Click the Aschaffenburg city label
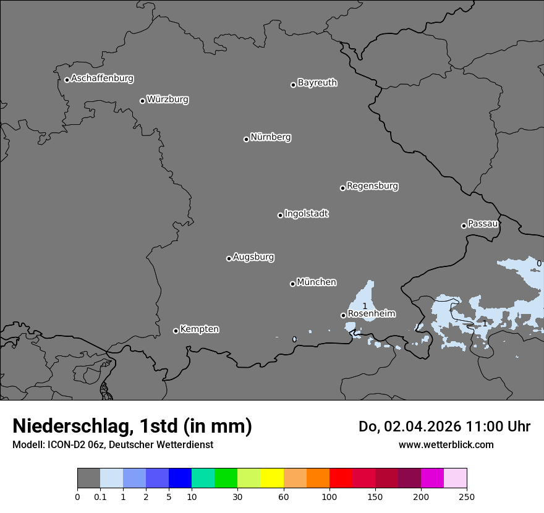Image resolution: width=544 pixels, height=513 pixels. click(102, 78)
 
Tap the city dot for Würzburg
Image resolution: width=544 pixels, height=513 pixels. click(142, 101)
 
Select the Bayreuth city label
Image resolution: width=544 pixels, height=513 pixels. click(317, 83)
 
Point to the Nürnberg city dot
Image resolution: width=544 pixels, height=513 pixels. click(246, 139)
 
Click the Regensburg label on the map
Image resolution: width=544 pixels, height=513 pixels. click(372, 186)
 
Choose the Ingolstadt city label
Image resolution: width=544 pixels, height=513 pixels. click(306, 214)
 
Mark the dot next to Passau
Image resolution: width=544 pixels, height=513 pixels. click(464, 226)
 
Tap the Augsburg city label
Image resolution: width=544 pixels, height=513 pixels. click(253, 257)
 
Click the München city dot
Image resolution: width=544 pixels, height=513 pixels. click(292, 284)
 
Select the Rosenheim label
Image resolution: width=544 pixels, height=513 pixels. click(372, 314)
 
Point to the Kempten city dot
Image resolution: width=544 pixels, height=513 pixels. click(176, 331)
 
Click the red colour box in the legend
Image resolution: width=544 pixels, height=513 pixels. click(341, 478)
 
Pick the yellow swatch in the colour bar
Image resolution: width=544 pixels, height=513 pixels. click(272, 478)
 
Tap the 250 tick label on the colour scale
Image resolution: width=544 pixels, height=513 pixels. click(467, 496)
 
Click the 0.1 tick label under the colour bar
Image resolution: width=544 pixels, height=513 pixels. click(100, 496)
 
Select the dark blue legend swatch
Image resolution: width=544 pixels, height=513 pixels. click(180, 478)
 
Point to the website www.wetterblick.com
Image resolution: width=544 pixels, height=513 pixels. click(446, 445)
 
